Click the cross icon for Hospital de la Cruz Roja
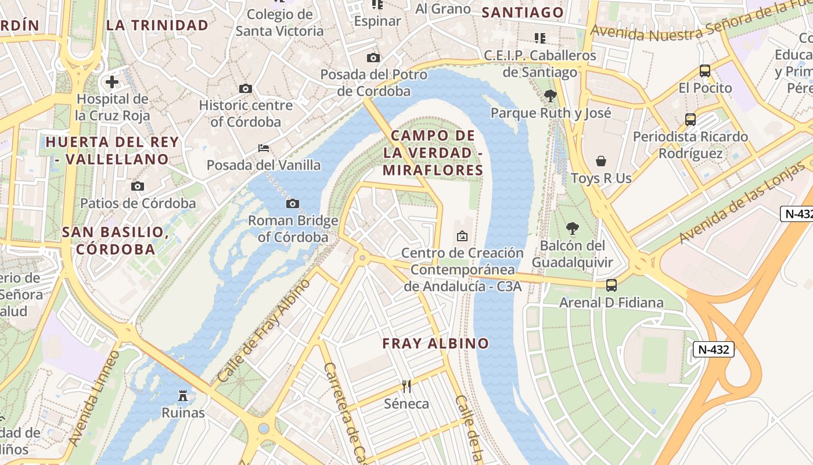(111, 82)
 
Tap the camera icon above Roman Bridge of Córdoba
(293, 203)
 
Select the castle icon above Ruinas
(183, 396)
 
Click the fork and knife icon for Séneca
(406, 386)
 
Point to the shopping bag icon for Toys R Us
(601, 161)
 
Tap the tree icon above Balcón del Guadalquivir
(573, 228)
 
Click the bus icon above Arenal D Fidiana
(611, 285)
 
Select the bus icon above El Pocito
(705, 71)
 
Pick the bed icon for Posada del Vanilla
(264, 148)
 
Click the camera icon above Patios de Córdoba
(138, 187)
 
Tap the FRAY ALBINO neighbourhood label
(436, 344)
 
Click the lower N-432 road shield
(714, 349)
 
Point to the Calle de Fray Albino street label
(264, 331)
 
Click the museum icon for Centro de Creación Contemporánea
(462, 236)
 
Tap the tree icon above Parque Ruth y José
(551, 96)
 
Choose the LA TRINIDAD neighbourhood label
(157, 25)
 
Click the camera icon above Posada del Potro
(373, 58)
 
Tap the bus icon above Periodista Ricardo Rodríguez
(690, 120)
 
